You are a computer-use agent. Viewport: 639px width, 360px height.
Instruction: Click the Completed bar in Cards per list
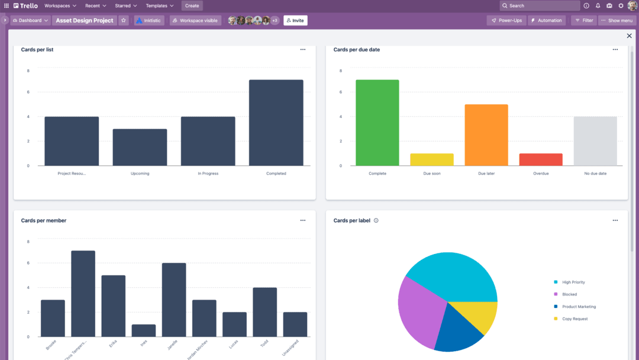(x=276, y=123)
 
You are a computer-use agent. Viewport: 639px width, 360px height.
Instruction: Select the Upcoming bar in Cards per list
(x=140, y=147)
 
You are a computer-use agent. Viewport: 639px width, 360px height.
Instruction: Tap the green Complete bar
(x=377, y=123)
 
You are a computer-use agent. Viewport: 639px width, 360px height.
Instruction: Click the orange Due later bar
(x=486, y=135)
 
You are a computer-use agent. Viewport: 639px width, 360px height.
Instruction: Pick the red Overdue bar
(x=540, y=159)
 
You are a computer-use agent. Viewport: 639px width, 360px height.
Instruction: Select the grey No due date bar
(x=595, y=141)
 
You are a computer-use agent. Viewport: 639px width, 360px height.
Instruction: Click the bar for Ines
(x=144, y=330)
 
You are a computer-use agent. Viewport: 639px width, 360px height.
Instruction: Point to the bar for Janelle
(x=174, y=300)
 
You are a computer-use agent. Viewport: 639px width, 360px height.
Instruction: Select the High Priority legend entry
(x=573, y=282)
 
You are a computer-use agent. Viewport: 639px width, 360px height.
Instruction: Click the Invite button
(x=295, y=21)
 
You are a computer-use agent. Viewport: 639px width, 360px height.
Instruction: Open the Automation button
(x=546, y=21)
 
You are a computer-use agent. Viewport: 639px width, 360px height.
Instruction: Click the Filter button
(x=584, y=21)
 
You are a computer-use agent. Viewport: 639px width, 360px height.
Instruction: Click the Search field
(x=540, y=6)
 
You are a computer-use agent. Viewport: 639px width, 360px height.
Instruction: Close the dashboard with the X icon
(x=629, y=36)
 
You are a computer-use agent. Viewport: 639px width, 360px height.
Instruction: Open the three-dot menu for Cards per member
(x=303, y=220)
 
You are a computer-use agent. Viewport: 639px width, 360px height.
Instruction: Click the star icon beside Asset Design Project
(x=124, y=21)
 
